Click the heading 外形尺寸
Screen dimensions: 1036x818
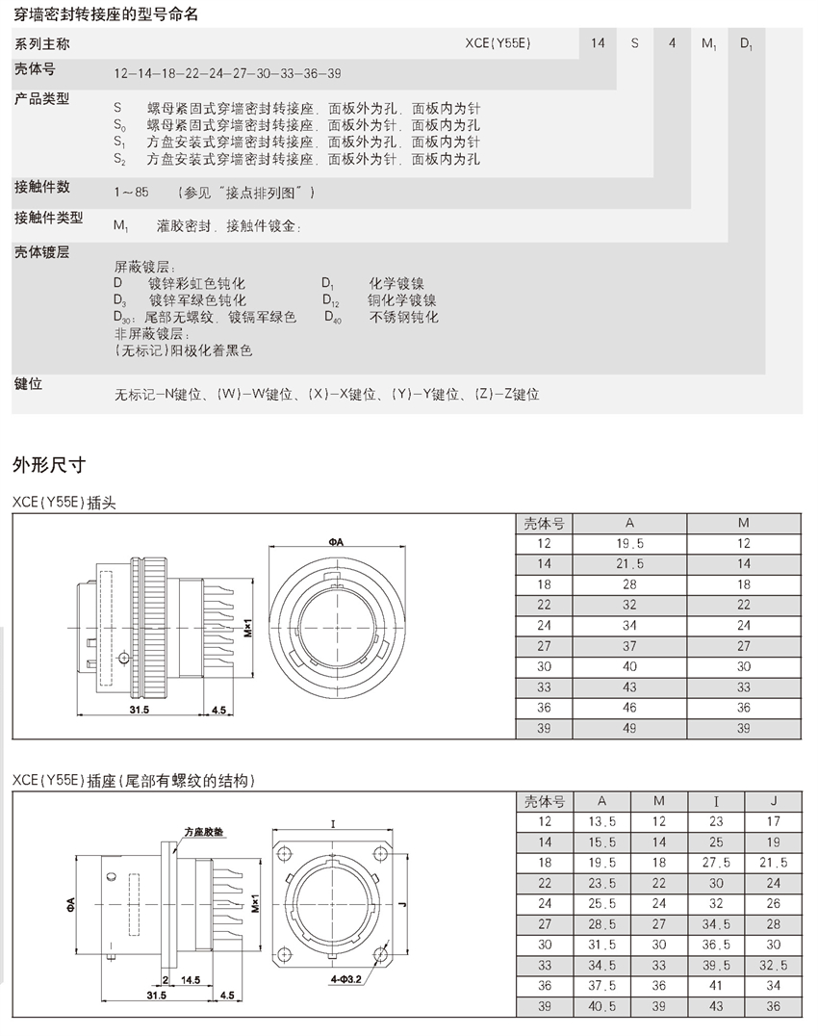coord(49,465)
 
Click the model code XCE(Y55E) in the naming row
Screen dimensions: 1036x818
coord(498,43)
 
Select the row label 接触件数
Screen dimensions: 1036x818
coord(42,186)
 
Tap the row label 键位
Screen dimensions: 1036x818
coord(28,384)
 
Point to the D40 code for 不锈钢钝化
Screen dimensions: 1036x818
coord(332,317)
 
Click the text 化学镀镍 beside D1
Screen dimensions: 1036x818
coord(396,284)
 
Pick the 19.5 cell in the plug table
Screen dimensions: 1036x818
coord(629,544)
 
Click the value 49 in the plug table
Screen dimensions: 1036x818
coord(629,729)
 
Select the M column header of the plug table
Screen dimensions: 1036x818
coord(744,524)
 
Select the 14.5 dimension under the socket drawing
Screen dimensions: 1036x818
coord(190,979)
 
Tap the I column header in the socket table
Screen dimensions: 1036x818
coord(716,801)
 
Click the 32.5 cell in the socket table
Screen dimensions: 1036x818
coord(774,964)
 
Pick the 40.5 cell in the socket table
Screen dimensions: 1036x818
coord(602,1005)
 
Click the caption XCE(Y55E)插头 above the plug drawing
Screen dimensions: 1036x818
coord(64,502)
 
